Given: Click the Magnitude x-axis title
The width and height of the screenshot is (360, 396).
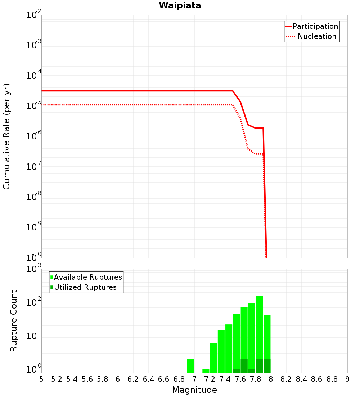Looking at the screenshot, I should point(194,390).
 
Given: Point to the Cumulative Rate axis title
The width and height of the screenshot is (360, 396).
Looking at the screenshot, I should point(6,136).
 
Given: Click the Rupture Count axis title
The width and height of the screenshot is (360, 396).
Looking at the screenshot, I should point(13,321).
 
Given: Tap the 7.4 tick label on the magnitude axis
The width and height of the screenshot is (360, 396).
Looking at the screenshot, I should point(225,379).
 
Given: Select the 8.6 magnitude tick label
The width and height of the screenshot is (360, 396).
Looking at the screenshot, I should point(317,379).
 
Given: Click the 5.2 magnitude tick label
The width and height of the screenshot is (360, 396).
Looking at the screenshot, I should point(57,379).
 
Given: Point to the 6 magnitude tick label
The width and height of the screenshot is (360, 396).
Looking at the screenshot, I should point(118,379).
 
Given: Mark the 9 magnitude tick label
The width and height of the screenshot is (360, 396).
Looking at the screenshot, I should point(347,379).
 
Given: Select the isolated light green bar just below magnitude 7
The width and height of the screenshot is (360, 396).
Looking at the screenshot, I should point(190,366).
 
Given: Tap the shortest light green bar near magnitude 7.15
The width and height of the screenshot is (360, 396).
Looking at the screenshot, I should point(206,371).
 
